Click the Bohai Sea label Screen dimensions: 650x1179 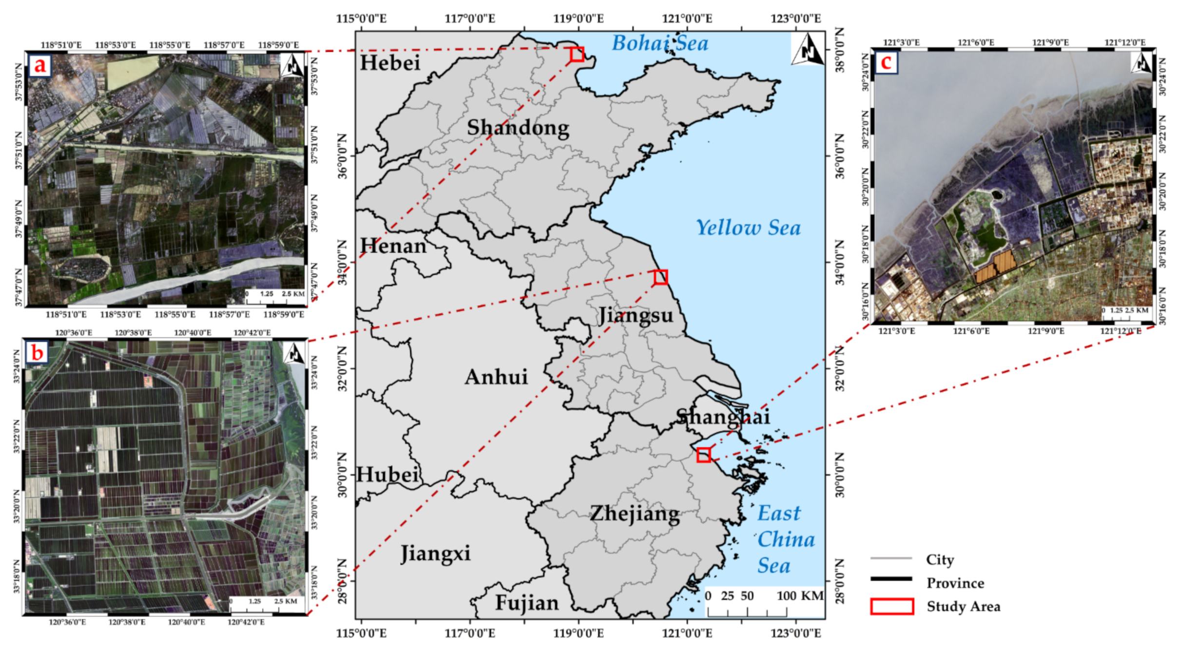pyautogui.click(x=660, y=43)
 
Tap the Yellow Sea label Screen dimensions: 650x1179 pyautogui.click(x=748, y=228)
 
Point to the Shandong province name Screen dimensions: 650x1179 pyautogui.click(x=518, y=128)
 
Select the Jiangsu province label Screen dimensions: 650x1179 pyautogui.click(x=636, y=316)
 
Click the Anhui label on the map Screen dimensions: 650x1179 pyautogui.click(x=496, y=377)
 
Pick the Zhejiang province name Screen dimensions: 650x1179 pyautogui.click(x=635, y=515)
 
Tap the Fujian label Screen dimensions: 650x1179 pyautogui.click(x=527, y=603)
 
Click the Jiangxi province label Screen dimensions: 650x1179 pyautogui.click(x=435, y=554)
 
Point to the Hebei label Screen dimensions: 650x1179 pyautogui.click(x=390, y=63)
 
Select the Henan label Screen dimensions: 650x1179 pyautogui.click(x=393, y=246)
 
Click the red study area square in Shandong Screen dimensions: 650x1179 pyautogui.click(x=577, y=54)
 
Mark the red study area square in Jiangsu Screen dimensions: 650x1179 pyautogui.click(x=660, y=277)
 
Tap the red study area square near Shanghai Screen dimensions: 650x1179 pyautogui.click(x=703, y=455)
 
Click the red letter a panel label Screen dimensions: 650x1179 pyautogui.click(x=40, y=65)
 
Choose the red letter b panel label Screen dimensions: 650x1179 pyautogui.click(x=38, y=352)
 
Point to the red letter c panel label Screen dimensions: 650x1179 pyautogui.click(x=886, y=62)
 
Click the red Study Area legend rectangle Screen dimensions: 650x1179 pyautogui.click(x=891, y=607)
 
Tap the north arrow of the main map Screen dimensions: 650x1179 pyautogui.click(x=807, y=49)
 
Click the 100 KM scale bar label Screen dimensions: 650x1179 pyautogui.click(x=800, y=596)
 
